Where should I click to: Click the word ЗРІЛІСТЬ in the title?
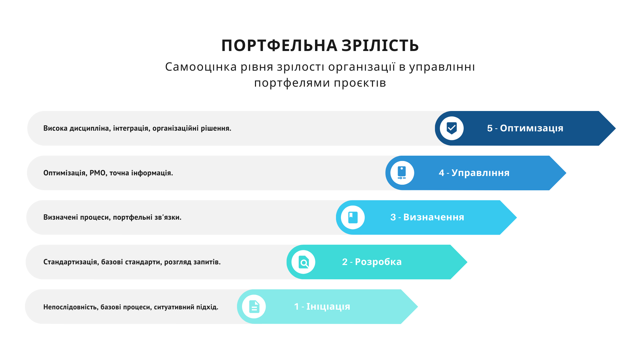[380, 46]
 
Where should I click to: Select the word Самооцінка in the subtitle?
[201, 67]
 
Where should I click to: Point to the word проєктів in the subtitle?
[360, 83]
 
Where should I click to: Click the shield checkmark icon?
[452, 128]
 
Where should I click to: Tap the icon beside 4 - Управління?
[402, 173]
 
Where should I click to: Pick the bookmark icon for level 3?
[353, 217]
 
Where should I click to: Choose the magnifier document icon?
[304, 262]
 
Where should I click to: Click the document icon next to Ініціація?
[254, 307]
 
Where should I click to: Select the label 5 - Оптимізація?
[525, 128]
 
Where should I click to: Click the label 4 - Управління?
[474, 173]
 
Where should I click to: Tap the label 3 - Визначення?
[427, 217]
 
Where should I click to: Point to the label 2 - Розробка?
[372, 262]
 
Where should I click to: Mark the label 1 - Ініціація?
[322, 307]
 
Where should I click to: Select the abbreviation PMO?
[98, 173]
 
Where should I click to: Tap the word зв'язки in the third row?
[168, 217]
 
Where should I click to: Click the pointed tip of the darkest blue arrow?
[615, 128]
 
